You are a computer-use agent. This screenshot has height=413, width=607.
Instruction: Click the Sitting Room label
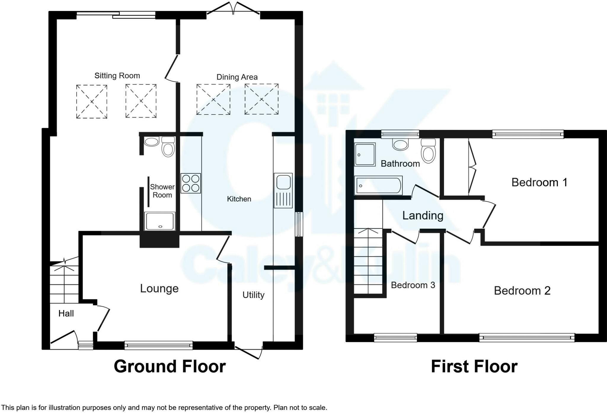tap(117, 76)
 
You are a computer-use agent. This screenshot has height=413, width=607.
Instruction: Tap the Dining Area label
tap(237, 77)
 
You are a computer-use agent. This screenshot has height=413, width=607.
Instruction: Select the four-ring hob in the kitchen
tap(191, 183)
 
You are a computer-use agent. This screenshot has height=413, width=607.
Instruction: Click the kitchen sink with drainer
tap(283, 190)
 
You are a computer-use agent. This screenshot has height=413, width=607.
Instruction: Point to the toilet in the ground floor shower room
tap(168, 147)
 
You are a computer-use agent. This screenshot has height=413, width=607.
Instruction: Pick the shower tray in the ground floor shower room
tap(160, 221)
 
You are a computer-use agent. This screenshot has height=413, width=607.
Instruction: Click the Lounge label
tap(159, 288)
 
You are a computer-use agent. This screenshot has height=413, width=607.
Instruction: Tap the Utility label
tap(253, 295)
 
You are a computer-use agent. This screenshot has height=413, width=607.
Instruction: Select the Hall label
tap(66, 314)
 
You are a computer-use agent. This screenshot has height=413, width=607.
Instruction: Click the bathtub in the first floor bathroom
tap(378, 185)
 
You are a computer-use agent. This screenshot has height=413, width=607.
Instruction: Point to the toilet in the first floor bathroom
tap(428, 151)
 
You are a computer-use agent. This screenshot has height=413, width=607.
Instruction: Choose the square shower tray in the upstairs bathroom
tap(365, 154)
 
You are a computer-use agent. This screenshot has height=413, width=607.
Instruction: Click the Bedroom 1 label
tap(539, 183)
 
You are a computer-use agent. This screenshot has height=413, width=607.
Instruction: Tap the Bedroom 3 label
tap(413, 285)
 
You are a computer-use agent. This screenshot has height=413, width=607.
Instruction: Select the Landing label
tap(423, 216)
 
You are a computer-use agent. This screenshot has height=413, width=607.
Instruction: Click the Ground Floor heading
tap(170, 366)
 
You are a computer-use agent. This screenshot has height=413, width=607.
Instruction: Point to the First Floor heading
tap(474, 366)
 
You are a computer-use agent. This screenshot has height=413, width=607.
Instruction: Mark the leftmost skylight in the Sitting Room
tap(92, 102)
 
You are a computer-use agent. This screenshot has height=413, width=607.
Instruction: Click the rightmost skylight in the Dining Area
tap(261, 99)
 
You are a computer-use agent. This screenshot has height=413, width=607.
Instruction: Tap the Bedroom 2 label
tap(522, 291)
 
